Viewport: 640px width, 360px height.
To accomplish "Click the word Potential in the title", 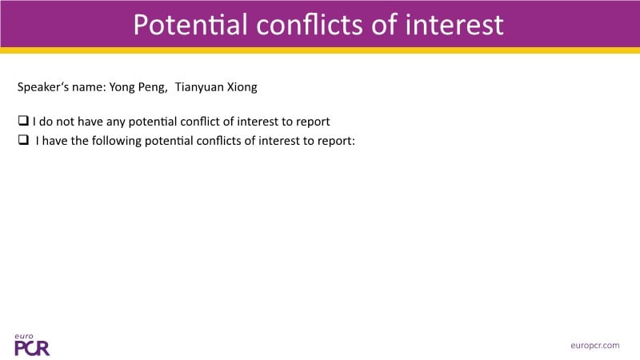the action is point(190,24).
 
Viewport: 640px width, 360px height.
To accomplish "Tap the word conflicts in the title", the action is point(310,24).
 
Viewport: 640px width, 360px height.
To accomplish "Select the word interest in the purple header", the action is point(454,24).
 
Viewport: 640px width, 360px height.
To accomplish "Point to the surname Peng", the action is point(153,87).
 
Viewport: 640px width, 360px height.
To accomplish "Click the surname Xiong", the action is point(242,87).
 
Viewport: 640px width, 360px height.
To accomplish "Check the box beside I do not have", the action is point(23,121).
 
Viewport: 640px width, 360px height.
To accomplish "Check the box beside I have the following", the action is point(23,139).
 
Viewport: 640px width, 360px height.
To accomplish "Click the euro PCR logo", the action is point(32,345).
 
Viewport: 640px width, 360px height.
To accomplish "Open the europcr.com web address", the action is point(594,346).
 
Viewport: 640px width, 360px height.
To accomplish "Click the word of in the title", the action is point(384,24).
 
